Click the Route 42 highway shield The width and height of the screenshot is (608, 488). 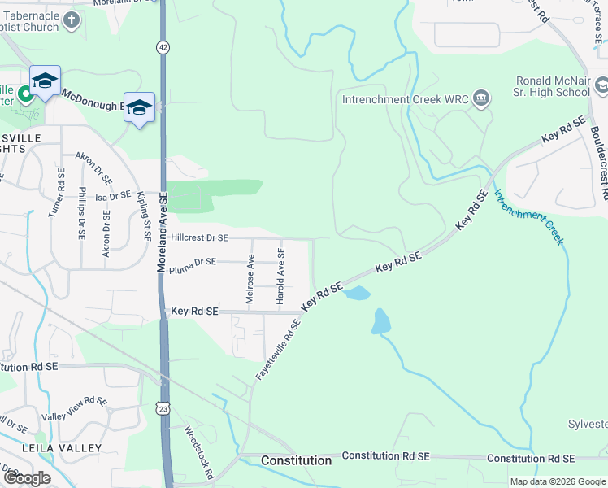[x=164, y=48]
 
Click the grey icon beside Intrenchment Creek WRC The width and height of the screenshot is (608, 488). [x=481, y=99]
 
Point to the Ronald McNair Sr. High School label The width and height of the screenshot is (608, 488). [x=553, y=87]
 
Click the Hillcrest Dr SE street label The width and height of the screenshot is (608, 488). [x=200, y=238]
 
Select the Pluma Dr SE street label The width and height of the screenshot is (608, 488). [x=193, y=262]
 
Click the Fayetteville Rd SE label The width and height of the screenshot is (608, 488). [x=278, y=349]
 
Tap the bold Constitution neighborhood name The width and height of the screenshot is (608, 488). [x=296, y=460]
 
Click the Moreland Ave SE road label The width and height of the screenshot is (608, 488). [x=163, y=232]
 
